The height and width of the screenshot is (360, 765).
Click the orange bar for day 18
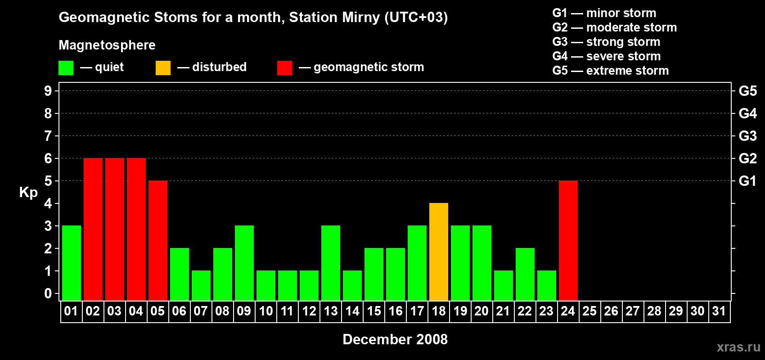pos(439,252)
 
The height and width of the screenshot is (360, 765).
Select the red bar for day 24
pos(568,240)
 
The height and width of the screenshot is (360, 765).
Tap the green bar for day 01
pos(72,263)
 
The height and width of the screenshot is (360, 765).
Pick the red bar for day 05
pos(158,240)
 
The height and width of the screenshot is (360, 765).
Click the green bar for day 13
pos(331,263)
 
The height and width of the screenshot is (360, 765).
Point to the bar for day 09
pos(244,263)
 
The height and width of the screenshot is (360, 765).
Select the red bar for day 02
pos(93,229)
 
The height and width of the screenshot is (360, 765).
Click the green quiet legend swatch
pos(66,68)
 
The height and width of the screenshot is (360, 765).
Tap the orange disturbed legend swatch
pos(163,68)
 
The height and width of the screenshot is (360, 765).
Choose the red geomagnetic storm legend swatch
pos(284,68)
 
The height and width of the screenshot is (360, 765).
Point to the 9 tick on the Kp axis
pos(48,91)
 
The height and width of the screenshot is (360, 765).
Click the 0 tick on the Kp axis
pos(48,293)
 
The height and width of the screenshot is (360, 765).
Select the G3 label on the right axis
pos(747,136)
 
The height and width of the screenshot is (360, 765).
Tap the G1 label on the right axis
pos(747,181)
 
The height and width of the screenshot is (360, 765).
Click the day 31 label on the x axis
pos(719,311)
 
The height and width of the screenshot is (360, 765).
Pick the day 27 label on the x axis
pos(633,311)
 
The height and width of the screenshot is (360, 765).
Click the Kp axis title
pos(28,192)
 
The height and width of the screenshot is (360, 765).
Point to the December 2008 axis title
pos(395,339)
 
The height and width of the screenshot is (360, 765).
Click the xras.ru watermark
pos(738,347)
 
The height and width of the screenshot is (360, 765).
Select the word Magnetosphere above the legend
pos(107,45)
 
